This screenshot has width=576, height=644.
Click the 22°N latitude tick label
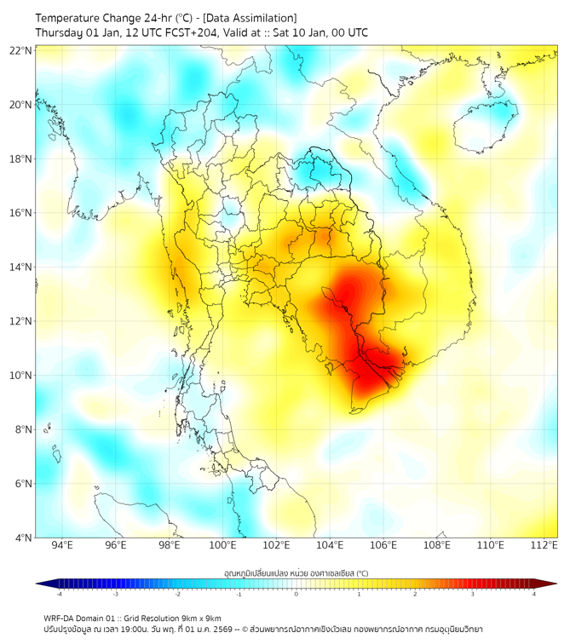tap(21, 50)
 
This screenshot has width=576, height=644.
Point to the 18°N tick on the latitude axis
tap(21, 159)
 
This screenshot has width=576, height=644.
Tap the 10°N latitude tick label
tap(21, 376)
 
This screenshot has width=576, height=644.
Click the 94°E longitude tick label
tap(62, 546)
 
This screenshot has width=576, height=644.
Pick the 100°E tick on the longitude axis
tap(223, 546)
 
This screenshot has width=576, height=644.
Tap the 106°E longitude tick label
tap(383, 546)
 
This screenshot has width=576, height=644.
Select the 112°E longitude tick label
tap(544, 546)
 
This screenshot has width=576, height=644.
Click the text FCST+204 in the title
tap(174, 32)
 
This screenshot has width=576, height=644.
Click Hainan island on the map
tap(484, 126)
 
